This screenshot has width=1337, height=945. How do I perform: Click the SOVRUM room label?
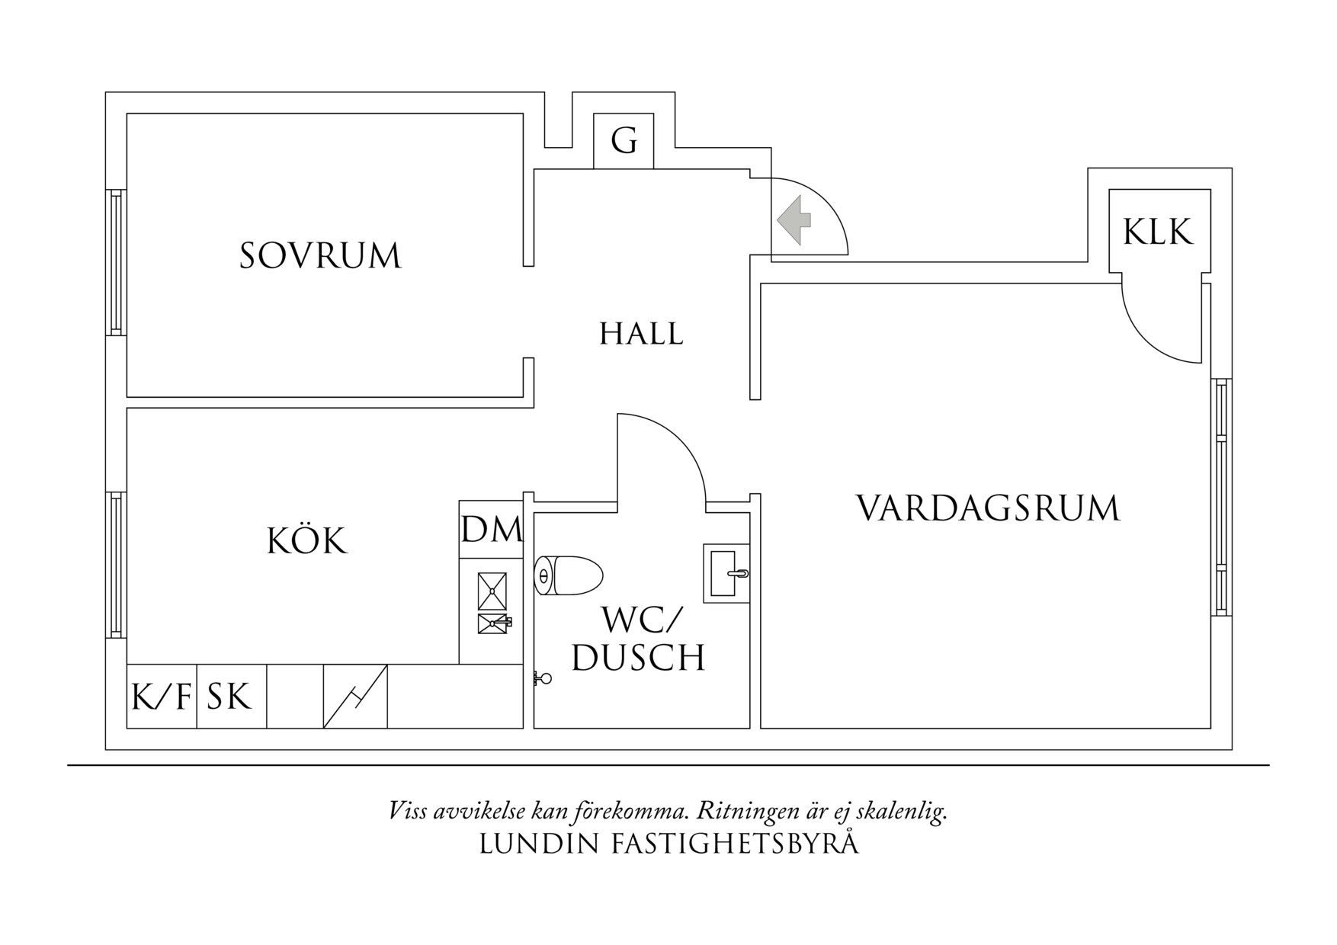tap(320, 256)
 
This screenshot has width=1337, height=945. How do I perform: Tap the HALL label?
tap(641, 334)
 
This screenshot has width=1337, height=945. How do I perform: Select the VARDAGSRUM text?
tap(988, 508)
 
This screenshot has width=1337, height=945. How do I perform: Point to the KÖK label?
tap(306, 541)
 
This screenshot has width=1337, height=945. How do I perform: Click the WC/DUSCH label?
tap(639, 639)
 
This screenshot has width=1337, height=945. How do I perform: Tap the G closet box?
tap(624, 141)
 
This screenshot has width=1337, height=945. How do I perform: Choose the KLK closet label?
tap(1158, 232)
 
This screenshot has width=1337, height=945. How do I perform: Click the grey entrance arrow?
tap(794, 220)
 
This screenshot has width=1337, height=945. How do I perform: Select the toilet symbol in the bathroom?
tap(568, 575)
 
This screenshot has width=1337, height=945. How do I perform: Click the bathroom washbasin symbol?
tap(726, 573)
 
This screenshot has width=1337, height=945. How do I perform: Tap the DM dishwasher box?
tap(492, 529)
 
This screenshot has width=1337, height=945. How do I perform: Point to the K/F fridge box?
tap(162, 697)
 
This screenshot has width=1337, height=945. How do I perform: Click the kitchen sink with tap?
tap(493, 623)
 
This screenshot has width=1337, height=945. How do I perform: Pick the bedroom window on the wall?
tap(116, 262)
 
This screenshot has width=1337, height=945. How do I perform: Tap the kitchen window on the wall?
tap(116, 564)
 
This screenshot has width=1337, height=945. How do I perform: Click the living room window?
tap(1221, 497)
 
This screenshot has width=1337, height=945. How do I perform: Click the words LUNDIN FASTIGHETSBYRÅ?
tap(668, 844)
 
